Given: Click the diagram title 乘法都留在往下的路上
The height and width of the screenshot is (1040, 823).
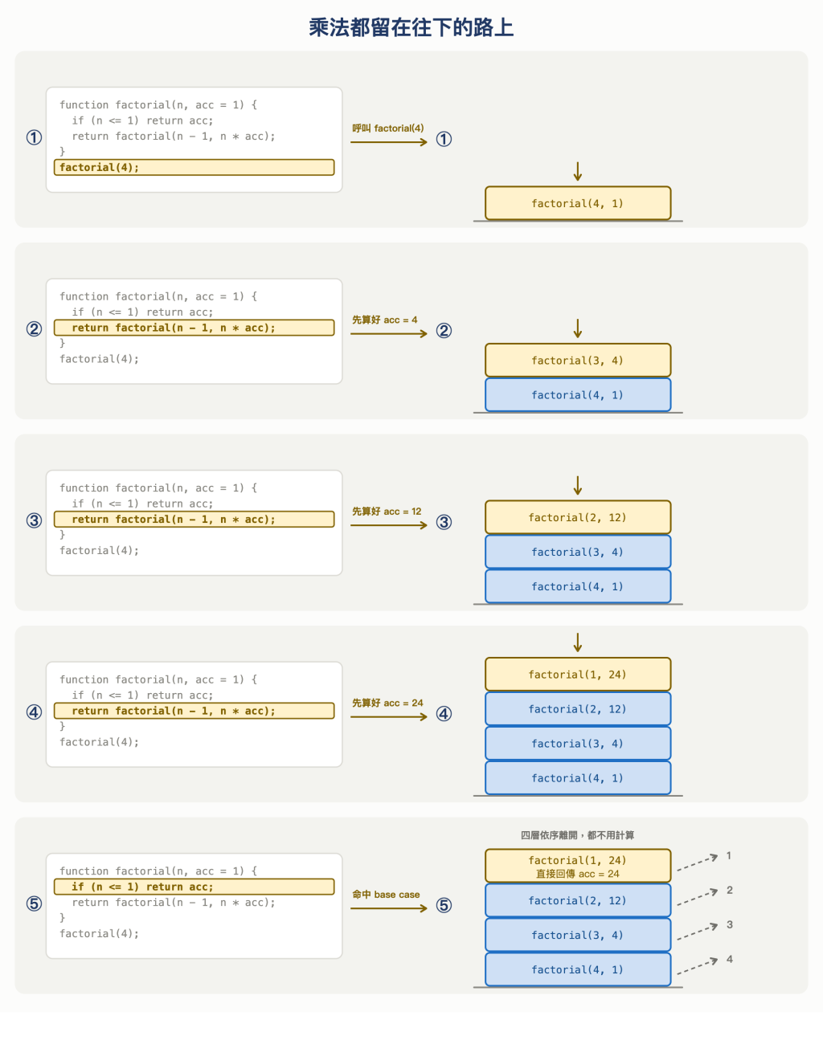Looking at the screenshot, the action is point(411,27).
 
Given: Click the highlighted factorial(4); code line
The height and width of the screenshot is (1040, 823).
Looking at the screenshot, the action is point(194,167).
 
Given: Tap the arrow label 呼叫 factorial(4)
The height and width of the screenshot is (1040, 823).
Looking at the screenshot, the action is point(388,128).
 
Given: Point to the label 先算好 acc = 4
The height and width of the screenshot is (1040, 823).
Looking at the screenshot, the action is point(385,320).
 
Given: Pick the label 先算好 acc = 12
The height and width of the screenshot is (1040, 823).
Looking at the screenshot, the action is point(387,511).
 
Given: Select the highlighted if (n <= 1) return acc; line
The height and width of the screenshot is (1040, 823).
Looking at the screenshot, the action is point(194,887).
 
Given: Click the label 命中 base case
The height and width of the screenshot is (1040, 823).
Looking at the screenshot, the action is point(386,894).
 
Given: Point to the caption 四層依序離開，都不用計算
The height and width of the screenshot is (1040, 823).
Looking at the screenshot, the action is point(577,835).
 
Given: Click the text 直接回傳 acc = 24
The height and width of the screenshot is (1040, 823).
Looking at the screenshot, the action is point(577,874).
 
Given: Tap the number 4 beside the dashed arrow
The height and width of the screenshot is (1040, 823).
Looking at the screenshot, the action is point(729,960).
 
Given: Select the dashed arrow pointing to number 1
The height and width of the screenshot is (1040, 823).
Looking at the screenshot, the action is point(697,863).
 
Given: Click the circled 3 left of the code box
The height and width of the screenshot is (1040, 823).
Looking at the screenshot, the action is point(34,520).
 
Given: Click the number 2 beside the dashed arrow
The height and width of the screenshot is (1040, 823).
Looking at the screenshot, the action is point(729,890).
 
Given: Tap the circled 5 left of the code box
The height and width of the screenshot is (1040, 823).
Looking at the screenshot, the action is point(34,903).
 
